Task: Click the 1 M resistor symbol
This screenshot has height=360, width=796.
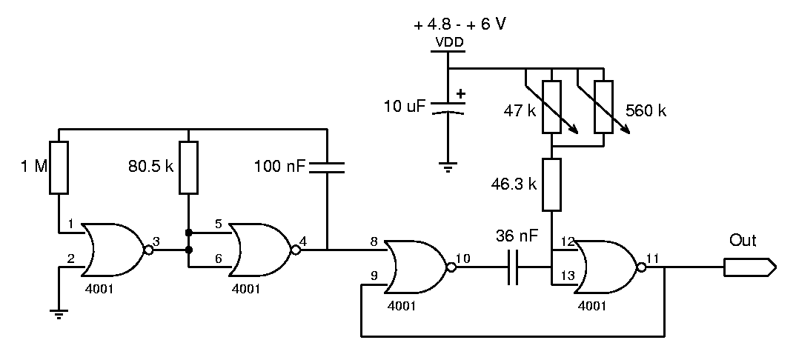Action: pyautogui.click(x=59, y=168)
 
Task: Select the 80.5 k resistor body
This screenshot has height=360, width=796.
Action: pyautogui.click(x=188, y=168)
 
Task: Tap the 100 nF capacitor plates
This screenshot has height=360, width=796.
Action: pyautogui.click(x=327, y=168)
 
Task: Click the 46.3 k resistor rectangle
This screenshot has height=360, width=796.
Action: pyautogui.click(x=551, y=184)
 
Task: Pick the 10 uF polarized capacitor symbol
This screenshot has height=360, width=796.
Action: pyautogui.click(x=448, y=107)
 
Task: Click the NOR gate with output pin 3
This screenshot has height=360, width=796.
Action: pyautogui.click(x=116, y=250)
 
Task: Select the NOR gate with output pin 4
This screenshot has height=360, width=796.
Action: pyautogui.click(x=263, y=250)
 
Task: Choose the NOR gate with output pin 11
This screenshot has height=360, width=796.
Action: pyautogui.click(x=609, y=267)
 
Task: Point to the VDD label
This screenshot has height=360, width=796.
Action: pyautogui.click(x=449, y=42)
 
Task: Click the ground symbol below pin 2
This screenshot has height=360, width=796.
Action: pyautogui.click(x=59, y=315)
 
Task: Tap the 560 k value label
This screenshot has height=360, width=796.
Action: pyautogui.click(x=646, y=111)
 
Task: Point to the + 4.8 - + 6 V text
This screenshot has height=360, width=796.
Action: pyautogui.click(x=460, y=24)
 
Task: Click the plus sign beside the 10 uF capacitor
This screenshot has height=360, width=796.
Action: pyautogui.click(x=460, y=94)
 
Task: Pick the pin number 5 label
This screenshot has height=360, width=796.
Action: pyautogui.click(x=219, y=224)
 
